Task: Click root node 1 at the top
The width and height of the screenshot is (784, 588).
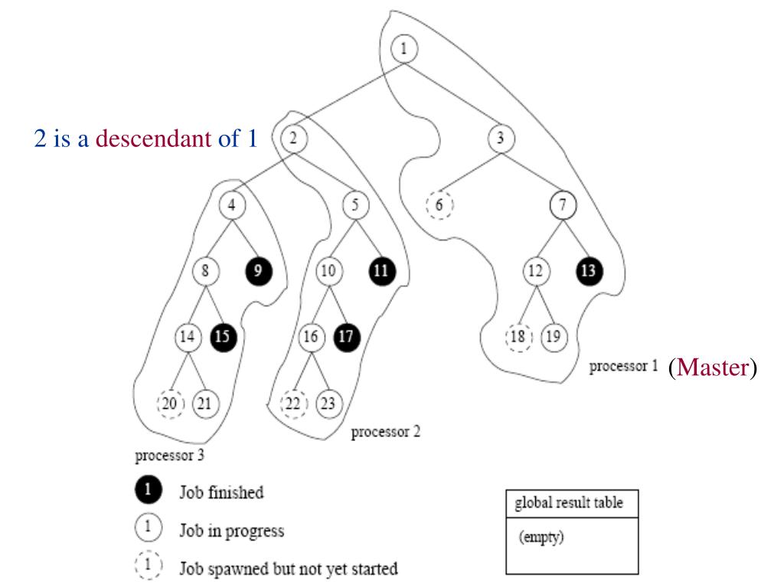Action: (403, 51)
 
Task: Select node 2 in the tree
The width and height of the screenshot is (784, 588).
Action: (293, 139)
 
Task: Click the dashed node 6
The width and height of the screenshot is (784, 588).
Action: (440, 205)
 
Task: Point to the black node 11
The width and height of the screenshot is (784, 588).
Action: (381, 271)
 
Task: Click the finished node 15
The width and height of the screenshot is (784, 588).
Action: (223, 337)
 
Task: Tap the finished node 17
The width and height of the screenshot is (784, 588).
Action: (347, 337)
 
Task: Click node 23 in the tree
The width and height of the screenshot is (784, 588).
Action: (329, 403)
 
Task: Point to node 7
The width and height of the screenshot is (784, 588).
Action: (563, 205)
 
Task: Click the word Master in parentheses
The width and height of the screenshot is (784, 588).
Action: (711, 368)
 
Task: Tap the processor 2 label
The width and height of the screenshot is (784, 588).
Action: (385, 433)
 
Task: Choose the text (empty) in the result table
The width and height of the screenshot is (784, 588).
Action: (542, 537)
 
